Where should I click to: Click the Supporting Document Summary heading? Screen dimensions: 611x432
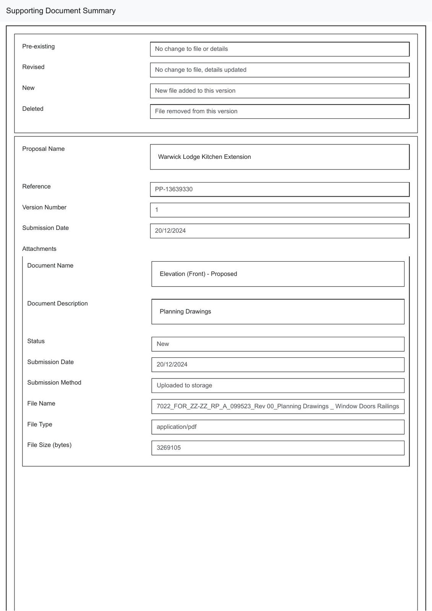(61, 11)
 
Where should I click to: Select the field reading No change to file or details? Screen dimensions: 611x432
(280, 49)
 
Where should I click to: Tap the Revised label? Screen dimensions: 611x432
(33, 67)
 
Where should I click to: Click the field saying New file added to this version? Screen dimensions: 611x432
(280, 91)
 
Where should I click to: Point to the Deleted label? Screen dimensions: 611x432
(33, 109)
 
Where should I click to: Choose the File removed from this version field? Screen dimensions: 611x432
(280, 112)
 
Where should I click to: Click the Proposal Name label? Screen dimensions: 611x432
(43, 149)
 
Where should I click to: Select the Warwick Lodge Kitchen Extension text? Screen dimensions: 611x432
(204, 157)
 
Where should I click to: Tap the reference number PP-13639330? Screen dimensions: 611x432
(174, 189)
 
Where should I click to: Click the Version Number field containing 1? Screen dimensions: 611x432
(280, 210)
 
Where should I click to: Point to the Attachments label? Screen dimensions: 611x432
(39, 249)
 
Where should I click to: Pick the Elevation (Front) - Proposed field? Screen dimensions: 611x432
(278, 274)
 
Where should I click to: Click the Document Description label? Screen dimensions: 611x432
(57, 304)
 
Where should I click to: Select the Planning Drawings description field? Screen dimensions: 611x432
(278, 312)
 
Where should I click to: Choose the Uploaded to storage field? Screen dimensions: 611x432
(278, 386)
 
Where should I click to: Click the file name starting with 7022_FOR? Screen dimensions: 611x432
(278, 406)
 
